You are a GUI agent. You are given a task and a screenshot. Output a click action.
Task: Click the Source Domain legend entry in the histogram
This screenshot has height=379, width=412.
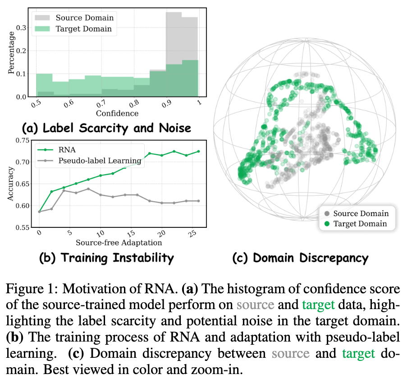tap(84, 18)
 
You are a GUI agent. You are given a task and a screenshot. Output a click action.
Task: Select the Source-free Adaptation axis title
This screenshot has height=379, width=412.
tap(118, 242)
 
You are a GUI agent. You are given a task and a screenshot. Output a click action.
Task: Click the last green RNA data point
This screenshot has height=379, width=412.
tap(198, 151)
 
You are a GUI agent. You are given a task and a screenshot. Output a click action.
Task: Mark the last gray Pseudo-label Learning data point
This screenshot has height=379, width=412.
tap(198, 201)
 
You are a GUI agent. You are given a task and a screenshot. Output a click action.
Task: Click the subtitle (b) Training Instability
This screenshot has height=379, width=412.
tap(106, 258)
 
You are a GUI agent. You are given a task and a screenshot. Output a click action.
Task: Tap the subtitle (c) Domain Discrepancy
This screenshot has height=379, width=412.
tap(300, 258)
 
